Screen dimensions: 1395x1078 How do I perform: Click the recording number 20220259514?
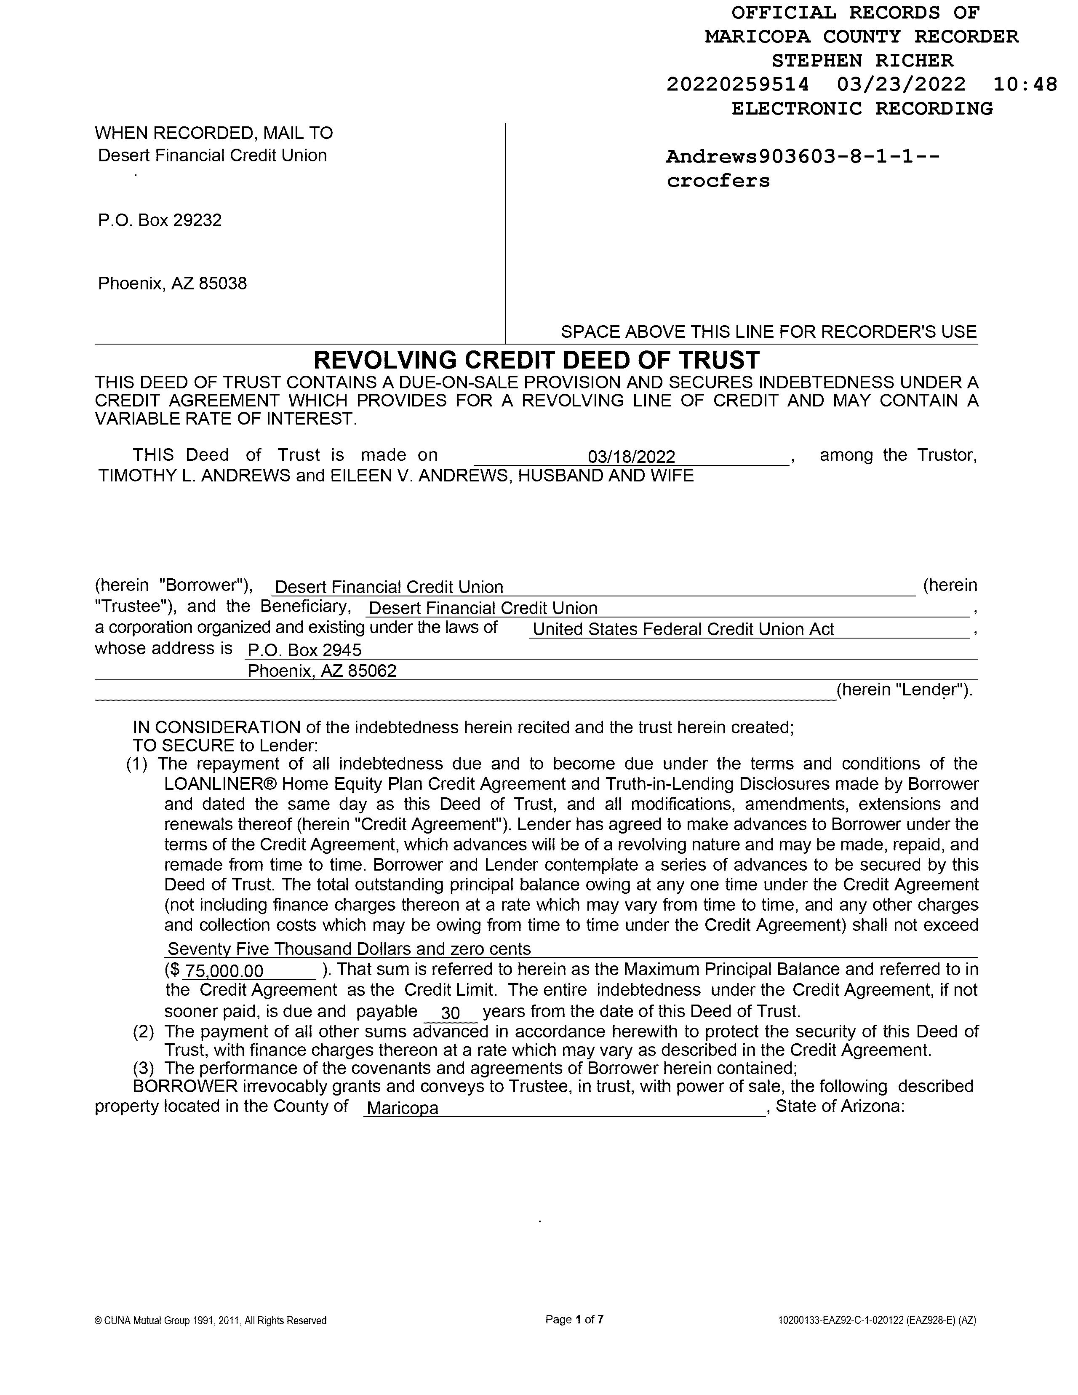click(738, 84)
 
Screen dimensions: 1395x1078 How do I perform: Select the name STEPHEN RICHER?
click(862, 61)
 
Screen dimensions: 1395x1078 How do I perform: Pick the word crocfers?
click(718, 181)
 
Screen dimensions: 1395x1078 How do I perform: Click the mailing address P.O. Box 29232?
click(160, 220)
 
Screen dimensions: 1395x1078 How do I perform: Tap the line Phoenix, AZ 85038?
click(172, 283)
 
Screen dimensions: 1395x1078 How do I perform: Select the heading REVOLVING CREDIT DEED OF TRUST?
click(536, 360)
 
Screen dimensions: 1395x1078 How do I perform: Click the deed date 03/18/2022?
click(631, 457)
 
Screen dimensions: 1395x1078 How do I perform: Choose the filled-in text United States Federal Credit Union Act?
click(683, 629)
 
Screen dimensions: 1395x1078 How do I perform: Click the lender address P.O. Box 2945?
click(304, 650)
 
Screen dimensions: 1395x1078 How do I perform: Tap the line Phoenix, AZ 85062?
click(322, 671)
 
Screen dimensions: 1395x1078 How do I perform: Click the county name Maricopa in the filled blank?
click(403, 1108)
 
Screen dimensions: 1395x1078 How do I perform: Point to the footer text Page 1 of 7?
click(574, 1319)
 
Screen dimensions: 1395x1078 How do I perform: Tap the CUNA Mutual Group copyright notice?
click(211, 1320)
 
